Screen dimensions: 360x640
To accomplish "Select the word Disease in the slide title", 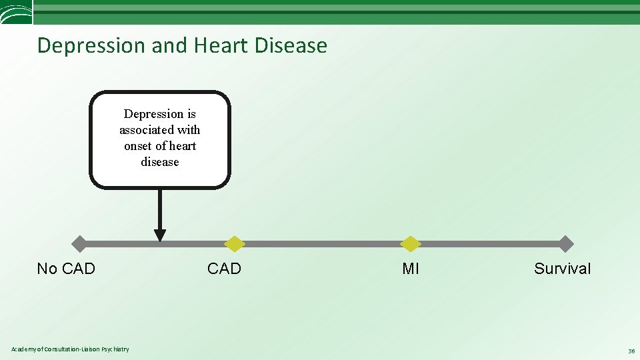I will pos(291,46).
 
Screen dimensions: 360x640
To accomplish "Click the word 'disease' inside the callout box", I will pos(160,162).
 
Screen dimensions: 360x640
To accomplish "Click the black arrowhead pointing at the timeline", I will pos(160,235).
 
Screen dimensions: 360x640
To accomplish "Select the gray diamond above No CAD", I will pos(79,244).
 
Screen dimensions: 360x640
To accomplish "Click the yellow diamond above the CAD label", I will pos(234,244).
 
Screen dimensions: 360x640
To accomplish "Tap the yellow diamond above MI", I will pos(411,244).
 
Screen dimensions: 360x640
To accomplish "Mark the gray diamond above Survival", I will pos(565,244).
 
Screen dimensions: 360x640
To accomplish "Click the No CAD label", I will pos(66,269).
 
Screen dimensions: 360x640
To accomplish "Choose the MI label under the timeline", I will pos(411,269).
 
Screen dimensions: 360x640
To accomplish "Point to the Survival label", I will pos(562,269).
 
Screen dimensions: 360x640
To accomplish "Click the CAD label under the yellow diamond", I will pos(224,269).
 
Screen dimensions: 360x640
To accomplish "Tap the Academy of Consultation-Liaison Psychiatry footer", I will pos(70,349).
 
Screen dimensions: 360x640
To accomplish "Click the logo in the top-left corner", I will pos(15,13).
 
